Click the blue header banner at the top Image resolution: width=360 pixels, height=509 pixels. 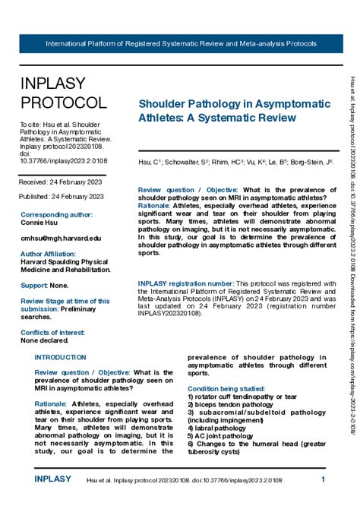tap(181, 44)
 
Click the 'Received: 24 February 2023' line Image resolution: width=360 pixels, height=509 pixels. tap(61, 182)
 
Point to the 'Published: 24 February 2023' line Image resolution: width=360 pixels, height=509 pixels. tap(62, 196)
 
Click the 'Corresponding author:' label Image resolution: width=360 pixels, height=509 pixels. tap(57, 215)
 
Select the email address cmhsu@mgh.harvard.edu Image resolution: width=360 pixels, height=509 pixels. tap(61, 238)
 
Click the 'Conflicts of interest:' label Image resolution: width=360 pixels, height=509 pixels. tap(53, 333)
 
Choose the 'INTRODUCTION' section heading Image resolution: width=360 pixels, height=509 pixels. tap(61, 357)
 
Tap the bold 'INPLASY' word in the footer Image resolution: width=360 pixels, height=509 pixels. tap(52, 479)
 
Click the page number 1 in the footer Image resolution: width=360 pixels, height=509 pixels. tap(324, 479)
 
